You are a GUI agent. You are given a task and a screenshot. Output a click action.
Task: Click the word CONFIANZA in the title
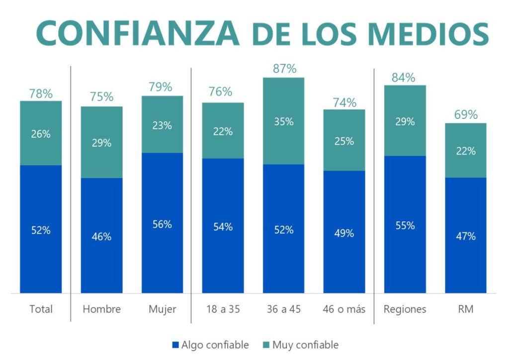click(138, 33)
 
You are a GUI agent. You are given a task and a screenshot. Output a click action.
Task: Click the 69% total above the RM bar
click(466, 115)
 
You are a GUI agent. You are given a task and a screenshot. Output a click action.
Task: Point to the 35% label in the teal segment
click(283, 121)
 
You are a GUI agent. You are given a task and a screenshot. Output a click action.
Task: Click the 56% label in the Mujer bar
click(162, 224)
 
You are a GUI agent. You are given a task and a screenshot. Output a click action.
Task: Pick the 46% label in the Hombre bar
click(101, 237)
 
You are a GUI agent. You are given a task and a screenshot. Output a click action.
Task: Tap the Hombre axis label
click(101, 309)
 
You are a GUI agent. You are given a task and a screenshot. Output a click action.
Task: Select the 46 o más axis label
click(344, 309)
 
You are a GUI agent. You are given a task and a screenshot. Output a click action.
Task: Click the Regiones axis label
click(405, 309)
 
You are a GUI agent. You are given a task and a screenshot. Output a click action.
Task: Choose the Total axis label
click(41, 309)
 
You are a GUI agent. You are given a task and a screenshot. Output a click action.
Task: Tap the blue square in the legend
click(174, 345)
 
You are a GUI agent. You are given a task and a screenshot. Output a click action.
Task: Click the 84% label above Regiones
click(405, 77)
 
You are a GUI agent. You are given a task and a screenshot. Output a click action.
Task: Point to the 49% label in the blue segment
click(344, 233)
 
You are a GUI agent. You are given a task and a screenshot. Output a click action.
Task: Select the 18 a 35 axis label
click(223, 309)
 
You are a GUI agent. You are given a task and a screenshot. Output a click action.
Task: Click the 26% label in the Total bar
click(41, 134)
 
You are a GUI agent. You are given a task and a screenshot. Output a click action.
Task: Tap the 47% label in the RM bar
click(466, 236)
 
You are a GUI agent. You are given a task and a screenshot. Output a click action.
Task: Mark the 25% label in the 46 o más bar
click(344, 141)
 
